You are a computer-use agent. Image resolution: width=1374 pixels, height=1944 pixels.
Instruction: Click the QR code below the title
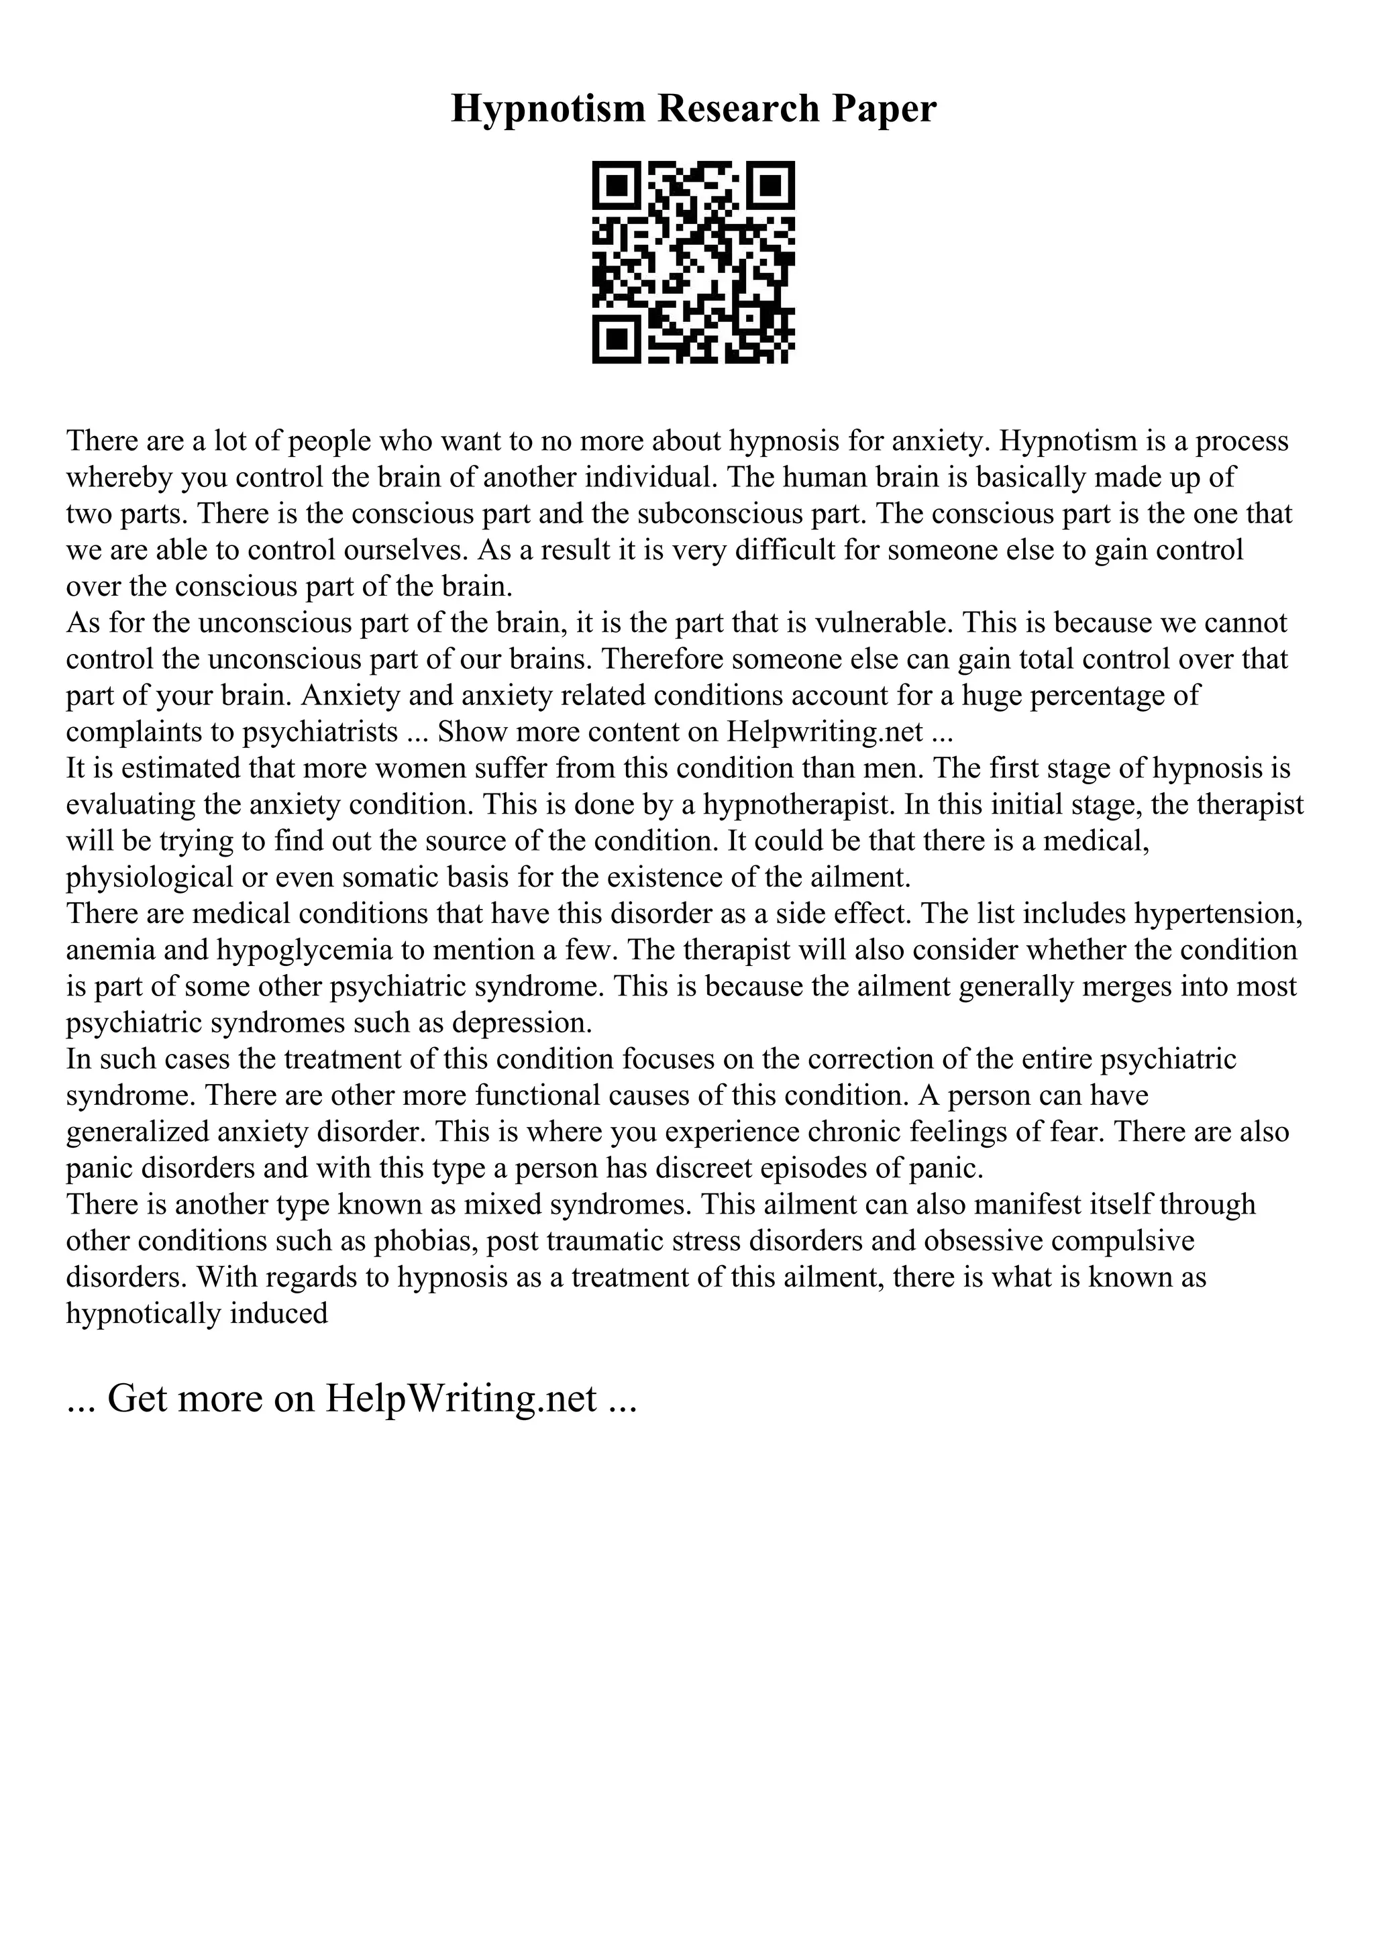[x=693, y=262]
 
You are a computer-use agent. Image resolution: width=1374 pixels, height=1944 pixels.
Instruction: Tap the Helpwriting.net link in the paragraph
[x=825, y=732]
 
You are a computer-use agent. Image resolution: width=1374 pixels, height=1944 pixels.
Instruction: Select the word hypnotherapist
[x=792, y=804]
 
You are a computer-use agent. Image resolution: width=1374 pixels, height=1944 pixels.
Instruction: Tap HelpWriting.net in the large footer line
[x=460, y=1398]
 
